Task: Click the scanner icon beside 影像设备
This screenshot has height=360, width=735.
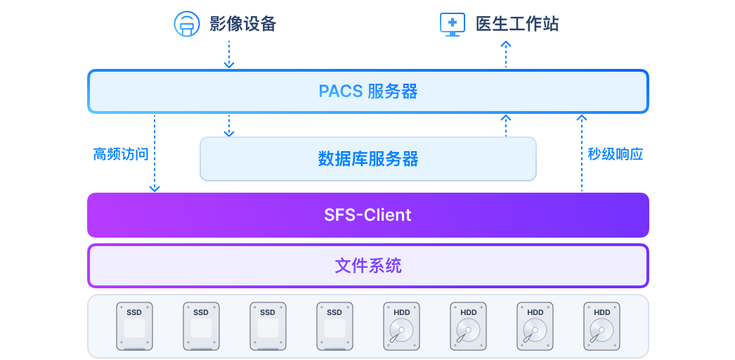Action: point(186,24)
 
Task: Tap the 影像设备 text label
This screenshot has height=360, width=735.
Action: point(243,24)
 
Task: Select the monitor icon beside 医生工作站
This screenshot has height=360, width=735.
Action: point(452,24)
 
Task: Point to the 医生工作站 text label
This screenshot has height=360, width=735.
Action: point(517,24)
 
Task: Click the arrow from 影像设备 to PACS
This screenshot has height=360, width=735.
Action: point(228,54)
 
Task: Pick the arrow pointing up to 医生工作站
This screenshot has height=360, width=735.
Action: point(506,54)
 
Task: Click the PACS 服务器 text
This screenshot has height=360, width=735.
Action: point(367,91)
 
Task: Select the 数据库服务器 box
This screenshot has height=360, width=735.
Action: point(367,158)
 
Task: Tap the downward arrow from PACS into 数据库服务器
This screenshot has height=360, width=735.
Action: point(228,125)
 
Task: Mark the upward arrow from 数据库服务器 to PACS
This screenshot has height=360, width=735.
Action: point(506,125)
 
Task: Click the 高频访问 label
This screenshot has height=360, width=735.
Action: point(121,154)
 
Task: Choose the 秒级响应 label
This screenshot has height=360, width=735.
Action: point(616,154)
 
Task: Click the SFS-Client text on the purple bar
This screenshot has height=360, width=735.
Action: point(367,214)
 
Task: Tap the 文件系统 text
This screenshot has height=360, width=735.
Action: point(367,266)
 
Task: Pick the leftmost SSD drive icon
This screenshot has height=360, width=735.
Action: point(134,326)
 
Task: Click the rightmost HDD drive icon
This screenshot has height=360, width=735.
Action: point(601,326)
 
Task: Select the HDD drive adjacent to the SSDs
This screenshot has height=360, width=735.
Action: point(402,326)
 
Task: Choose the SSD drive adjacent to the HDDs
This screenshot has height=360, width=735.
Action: point(334,326)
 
